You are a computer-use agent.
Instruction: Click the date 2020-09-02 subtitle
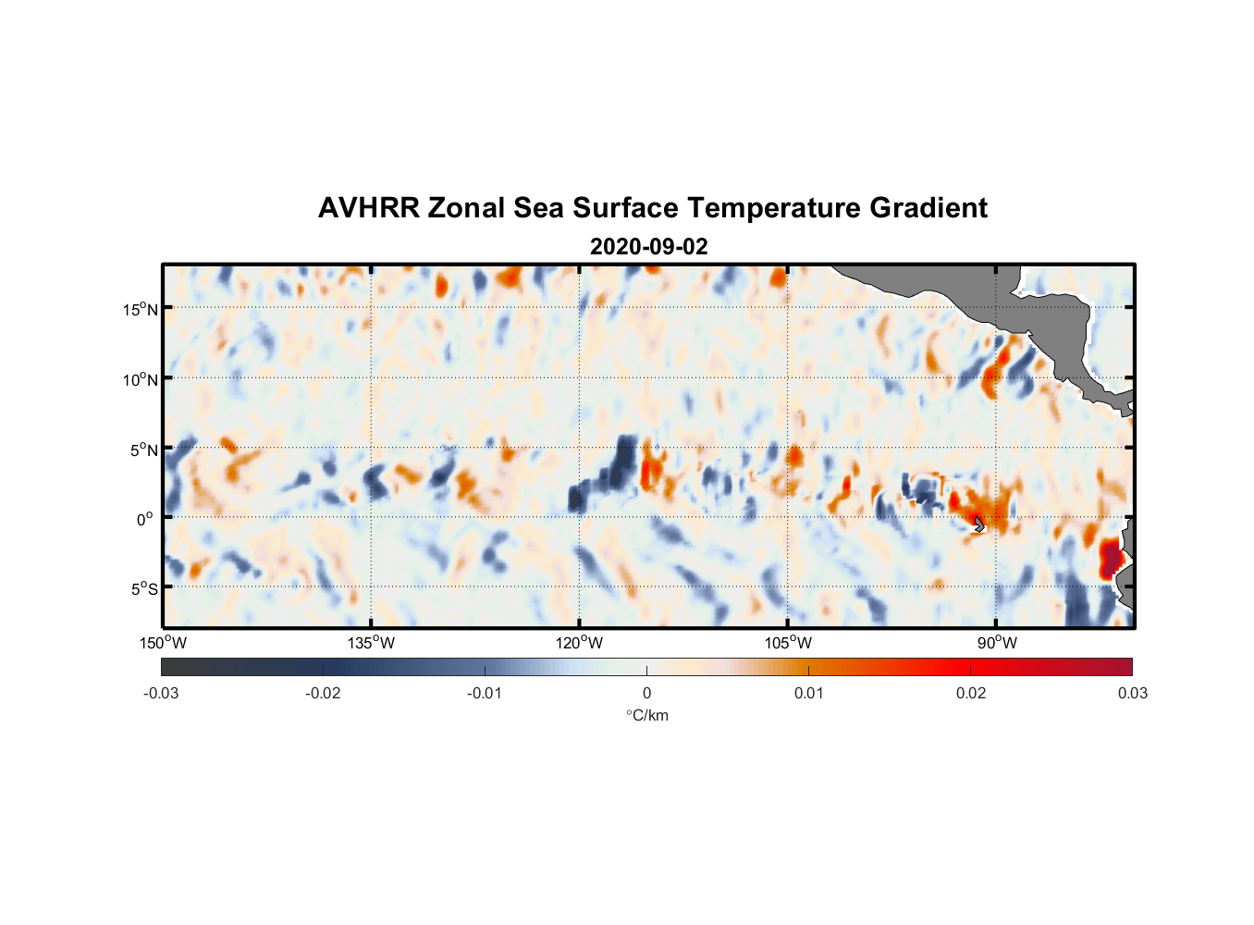pyautogui.click(x=648, y=247)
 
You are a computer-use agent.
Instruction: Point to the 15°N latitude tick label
pyautogui.click(x=141, y=309)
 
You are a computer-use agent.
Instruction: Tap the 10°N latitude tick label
pyautogui.click(x=141, y=379)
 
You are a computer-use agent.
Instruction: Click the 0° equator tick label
pyautogui.click(x=145, y=520)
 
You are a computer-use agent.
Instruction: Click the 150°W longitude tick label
pyautogui.click(x=164, y=643)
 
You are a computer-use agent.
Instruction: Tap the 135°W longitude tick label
pyautogui.click(x=372, y=643)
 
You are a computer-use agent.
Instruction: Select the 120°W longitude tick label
pyautogui.click(x=580, y=643)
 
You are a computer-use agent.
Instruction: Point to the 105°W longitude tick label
pyautogui.click(x=788, y=643)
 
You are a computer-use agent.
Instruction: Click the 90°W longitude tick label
pyautogui.click(x=996, y=643)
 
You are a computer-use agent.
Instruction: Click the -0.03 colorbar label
pyautogui.click(x=161, y=694)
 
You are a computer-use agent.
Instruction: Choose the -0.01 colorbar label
pyautogui.click(x=484, y=694)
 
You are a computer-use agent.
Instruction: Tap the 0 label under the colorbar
pyautogui.click(x=646, y=694)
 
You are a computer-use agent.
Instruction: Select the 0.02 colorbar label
pyautogui.click(x=971, y=694)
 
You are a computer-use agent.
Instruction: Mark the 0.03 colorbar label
pyautogui.click(x=1132, y=694)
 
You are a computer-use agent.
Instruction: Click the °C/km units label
pyautogui.click(x=646, y=715)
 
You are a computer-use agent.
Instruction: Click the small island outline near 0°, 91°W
pyautogui.click(x=978, y=524)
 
